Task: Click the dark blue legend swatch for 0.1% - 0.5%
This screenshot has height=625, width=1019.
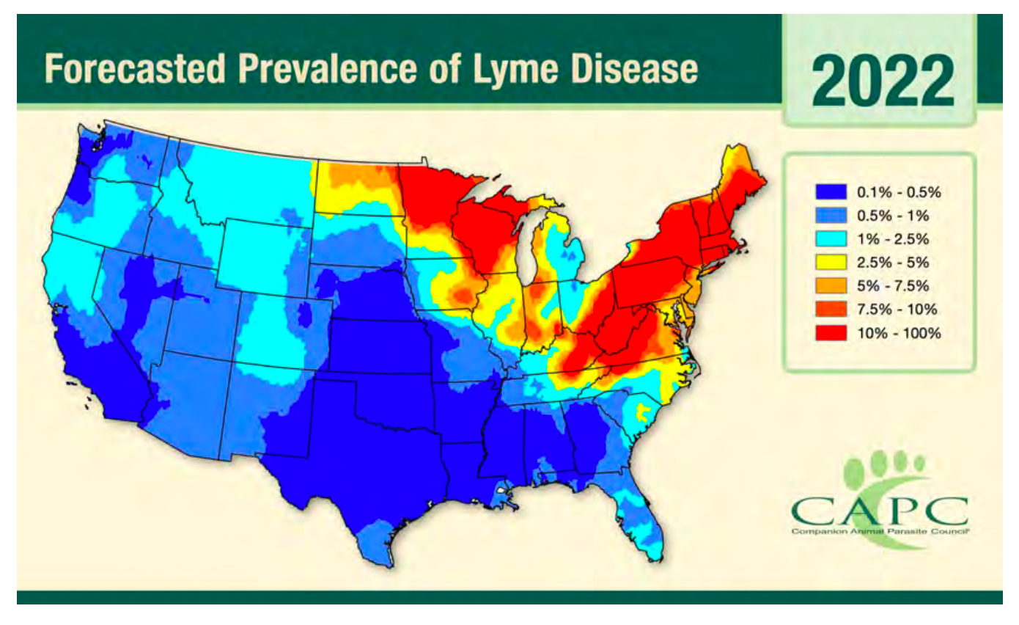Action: point(830,193)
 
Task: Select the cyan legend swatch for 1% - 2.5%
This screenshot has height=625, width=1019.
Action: point(830,239)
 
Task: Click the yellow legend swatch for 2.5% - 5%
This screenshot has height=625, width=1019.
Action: point(830,263)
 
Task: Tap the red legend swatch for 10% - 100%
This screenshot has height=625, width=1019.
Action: point(830,333)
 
